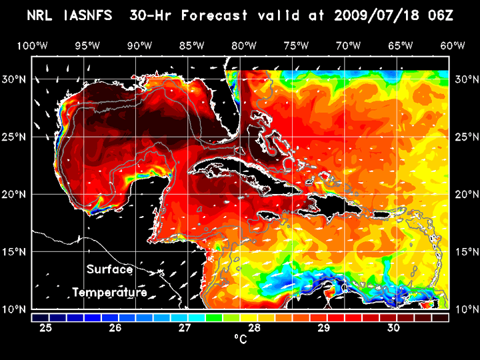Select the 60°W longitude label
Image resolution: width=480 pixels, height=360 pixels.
point(453,45)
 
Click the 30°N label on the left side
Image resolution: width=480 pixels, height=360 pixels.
point(17,79)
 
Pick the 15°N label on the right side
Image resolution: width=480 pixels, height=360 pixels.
point(465,252)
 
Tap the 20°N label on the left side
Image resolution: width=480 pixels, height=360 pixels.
point(17,194)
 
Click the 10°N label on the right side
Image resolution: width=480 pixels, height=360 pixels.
point(465,309)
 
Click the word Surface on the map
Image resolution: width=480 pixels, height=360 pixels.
point(109,270)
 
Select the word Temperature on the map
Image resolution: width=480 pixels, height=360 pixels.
point(109,292)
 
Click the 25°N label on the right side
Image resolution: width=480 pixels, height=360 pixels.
point(465,137)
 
